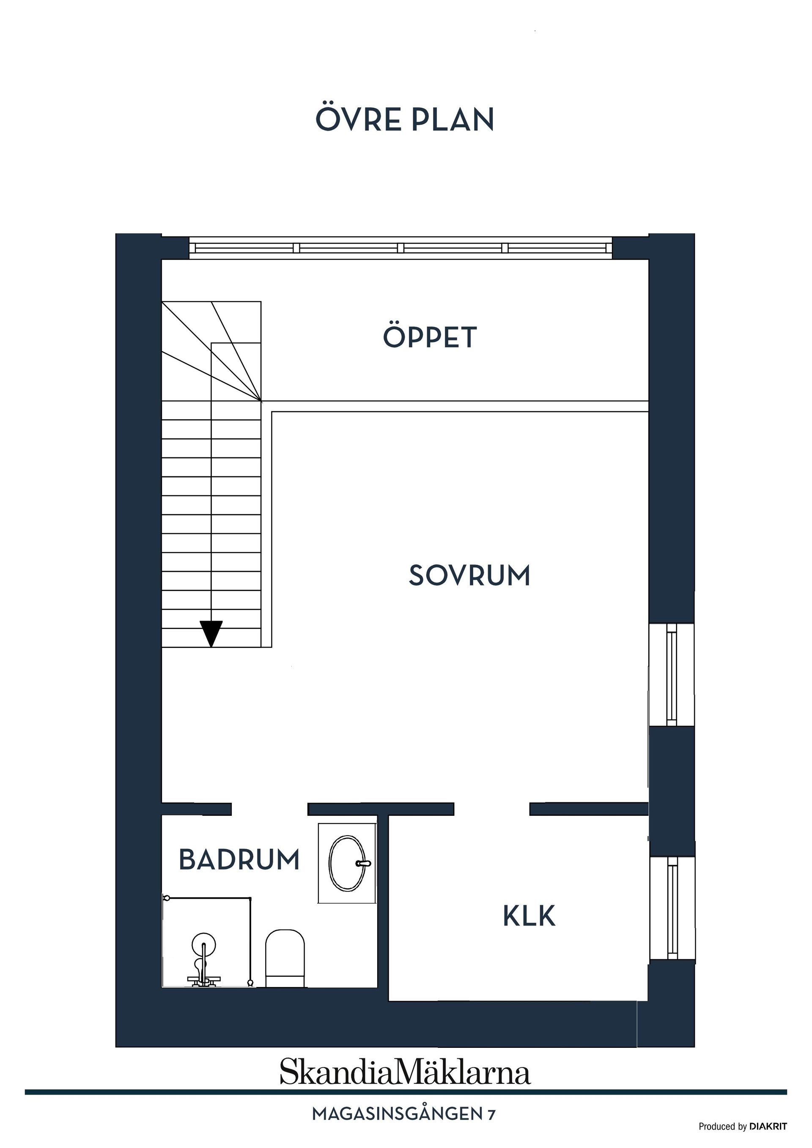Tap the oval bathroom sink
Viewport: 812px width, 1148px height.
[346, 863]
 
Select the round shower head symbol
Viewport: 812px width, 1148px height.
[203, 943]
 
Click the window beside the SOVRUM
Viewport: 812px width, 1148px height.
[672, 674]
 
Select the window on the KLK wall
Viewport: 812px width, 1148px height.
[672, 907]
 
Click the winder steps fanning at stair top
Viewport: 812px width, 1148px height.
[220, 345]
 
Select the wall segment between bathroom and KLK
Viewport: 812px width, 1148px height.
[383, 900]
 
